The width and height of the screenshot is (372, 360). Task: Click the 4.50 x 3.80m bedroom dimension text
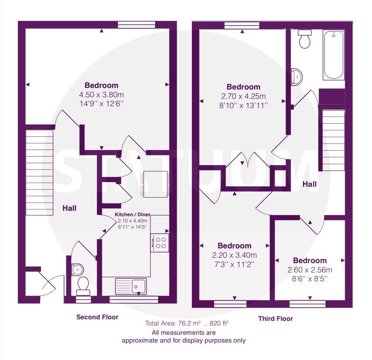pos(101,95)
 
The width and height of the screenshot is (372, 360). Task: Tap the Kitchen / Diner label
pos(133,215)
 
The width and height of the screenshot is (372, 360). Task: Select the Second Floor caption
pos(97,317)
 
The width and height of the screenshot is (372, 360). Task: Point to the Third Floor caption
pos(276,319)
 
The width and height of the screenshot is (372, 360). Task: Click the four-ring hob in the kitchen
pos(160,243)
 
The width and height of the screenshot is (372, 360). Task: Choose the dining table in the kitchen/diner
pos(155,184)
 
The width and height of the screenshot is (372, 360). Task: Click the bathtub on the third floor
pos(334,55)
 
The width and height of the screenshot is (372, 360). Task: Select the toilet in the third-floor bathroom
pos(305,39)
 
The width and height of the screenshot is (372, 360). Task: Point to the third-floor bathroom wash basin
pos(296,77)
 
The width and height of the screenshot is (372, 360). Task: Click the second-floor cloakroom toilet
pos(83,286)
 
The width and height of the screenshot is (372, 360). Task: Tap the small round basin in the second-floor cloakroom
pos(77,269)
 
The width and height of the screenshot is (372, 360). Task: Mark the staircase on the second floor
pos(39,172)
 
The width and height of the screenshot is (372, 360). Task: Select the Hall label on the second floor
pos(69,208)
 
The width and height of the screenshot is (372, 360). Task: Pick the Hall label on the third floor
pos(309,184)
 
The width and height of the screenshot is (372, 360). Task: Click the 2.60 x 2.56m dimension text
pos(310,270)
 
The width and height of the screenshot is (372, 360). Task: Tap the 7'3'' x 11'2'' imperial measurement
pos(234,264)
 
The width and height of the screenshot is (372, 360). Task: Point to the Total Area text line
pos(187,323)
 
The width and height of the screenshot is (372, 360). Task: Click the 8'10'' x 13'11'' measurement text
pos(243,105)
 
